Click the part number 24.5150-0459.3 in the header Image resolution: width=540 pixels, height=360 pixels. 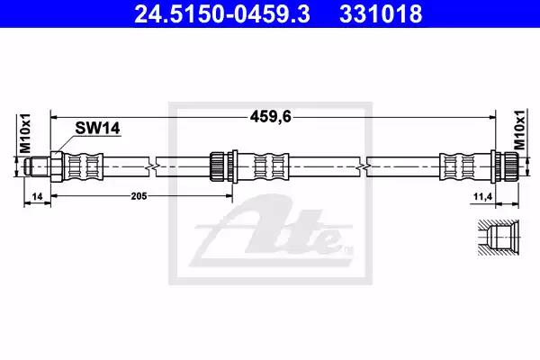pos(222,13)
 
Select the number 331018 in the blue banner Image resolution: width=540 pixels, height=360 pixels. pos(381,13)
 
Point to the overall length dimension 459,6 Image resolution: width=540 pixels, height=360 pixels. pos(271,117)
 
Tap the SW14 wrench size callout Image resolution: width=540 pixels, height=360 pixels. pos(97,128)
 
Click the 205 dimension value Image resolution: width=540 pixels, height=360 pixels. pos(139,196)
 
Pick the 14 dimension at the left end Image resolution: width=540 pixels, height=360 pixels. pos(37,196)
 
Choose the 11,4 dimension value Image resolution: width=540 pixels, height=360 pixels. pos(482,197)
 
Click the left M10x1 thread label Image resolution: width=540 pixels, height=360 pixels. pos(25,133)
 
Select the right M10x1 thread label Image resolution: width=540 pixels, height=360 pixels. pos(519,130)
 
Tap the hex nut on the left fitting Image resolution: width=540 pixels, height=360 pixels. pos(57,166)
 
